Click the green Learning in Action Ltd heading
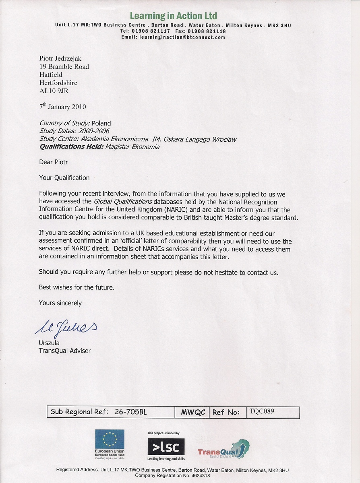point(173,16)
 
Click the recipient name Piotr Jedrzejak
point(60,58)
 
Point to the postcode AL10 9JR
point(54,91)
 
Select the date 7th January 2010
point(62,107)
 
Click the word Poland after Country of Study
point(101,123)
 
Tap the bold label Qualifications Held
point(71,147)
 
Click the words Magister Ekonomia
point(132,147)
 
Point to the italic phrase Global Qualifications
point(123,202)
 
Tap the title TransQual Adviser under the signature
point(65,351)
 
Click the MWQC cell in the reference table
point(193,412)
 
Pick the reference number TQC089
point(262,411)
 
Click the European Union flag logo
point(110,439)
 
